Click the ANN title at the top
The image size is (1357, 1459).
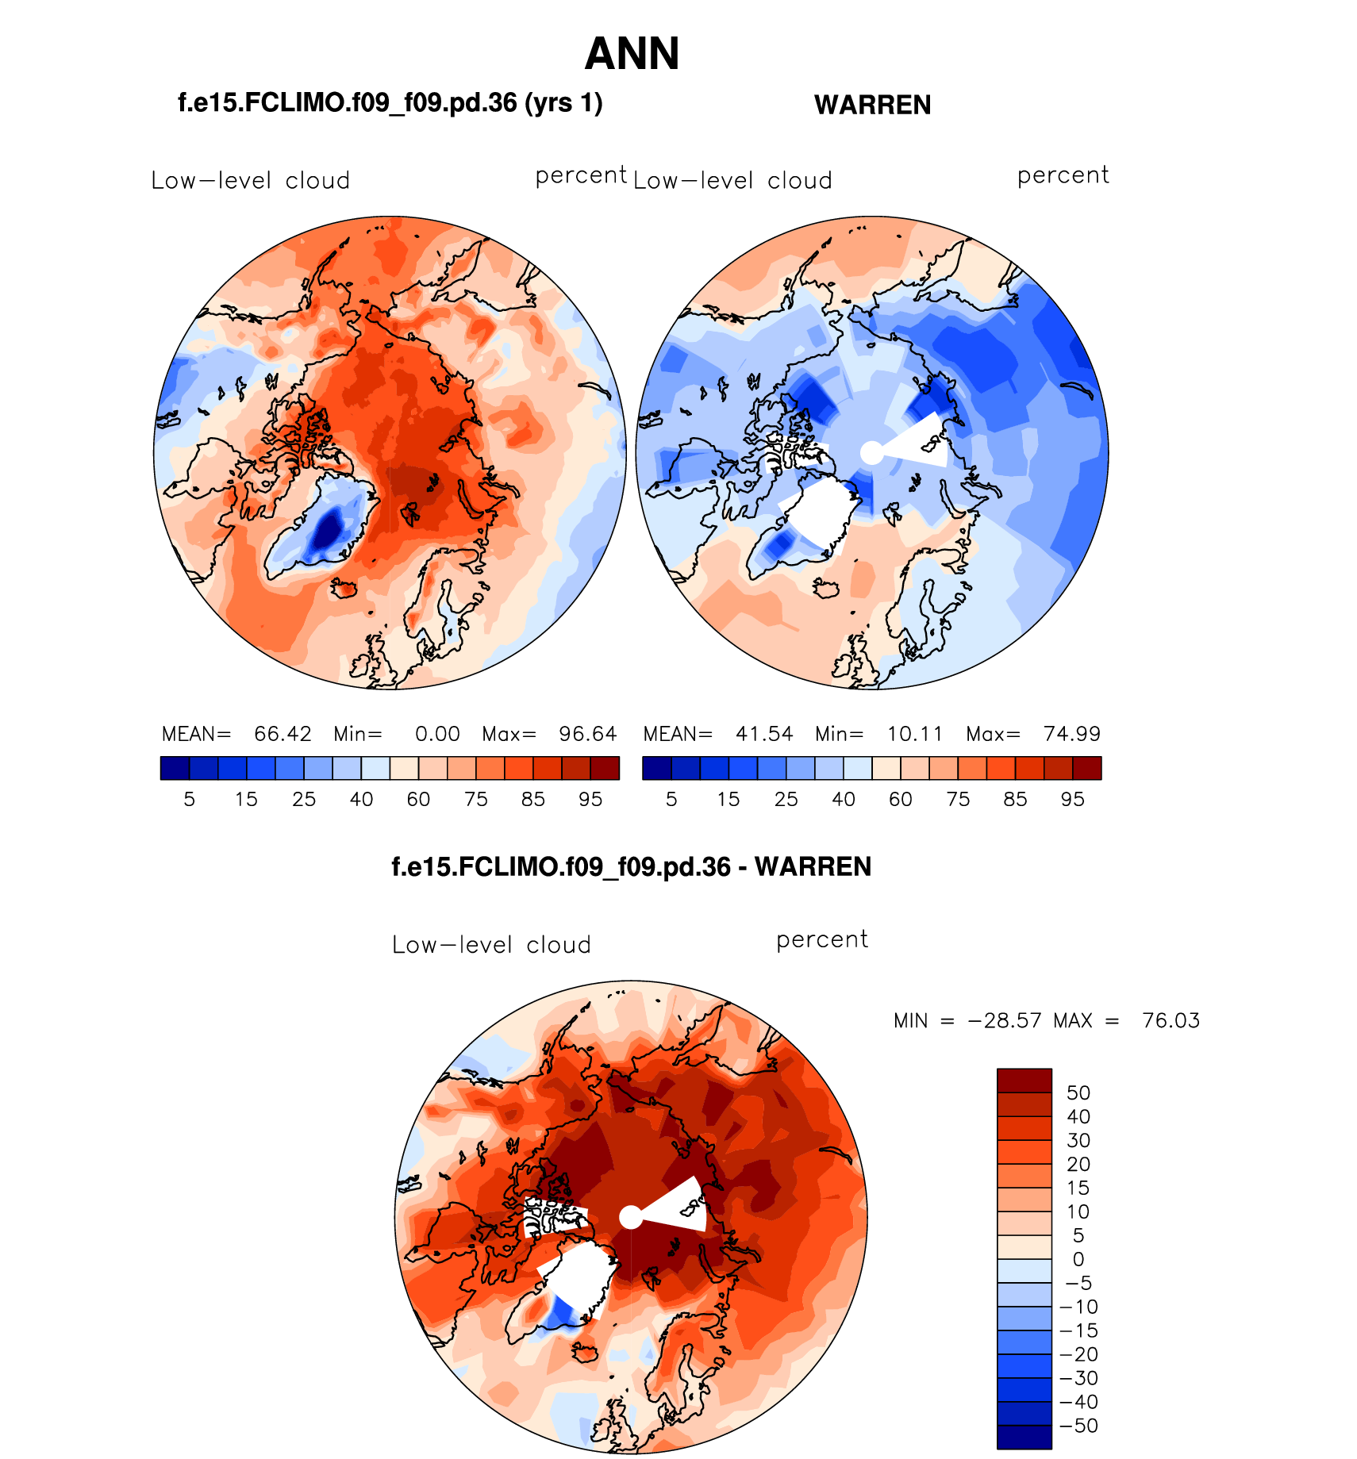(632, 54)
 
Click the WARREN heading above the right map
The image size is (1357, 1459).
(872, 105)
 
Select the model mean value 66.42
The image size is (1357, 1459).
(283, 734)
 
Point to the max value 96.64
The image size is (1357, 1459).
(587, 734)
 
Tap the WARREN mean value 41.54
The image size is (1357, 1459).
(764, 734)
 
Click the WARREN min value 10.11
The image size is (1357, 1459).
(915, 734)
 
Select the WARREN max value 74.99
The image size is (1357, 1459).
(1071, 734)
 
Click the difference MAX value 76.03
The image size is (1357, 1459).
(1171, 1020)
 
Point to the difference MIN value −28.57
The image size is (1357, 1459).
(1005, 1020)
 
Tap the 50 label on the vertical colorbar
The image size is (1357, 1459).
(1078, 1093)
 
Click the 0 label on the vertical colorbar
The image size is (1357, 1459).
(1078, 1259)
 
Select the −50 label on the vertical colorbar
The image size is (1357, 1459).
(1079, 1426)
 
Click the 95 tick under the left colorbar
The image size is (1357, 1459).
(590, 799)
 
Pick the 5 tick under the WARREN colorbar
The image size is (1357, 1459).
(671, 799)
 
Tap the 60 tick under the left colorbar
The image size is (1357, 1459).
(418, 799)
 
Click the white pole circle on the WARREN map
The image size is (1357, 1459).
(872, 453)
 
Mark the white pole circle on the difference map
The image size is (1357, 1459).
(631, 1217)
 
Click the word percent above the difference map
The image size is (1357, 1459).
(822, 939)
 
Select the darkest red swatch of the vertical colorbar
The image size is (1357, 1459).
(1024, 1081)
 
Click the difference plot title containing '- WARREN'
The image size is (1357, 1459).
(632, 866)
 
